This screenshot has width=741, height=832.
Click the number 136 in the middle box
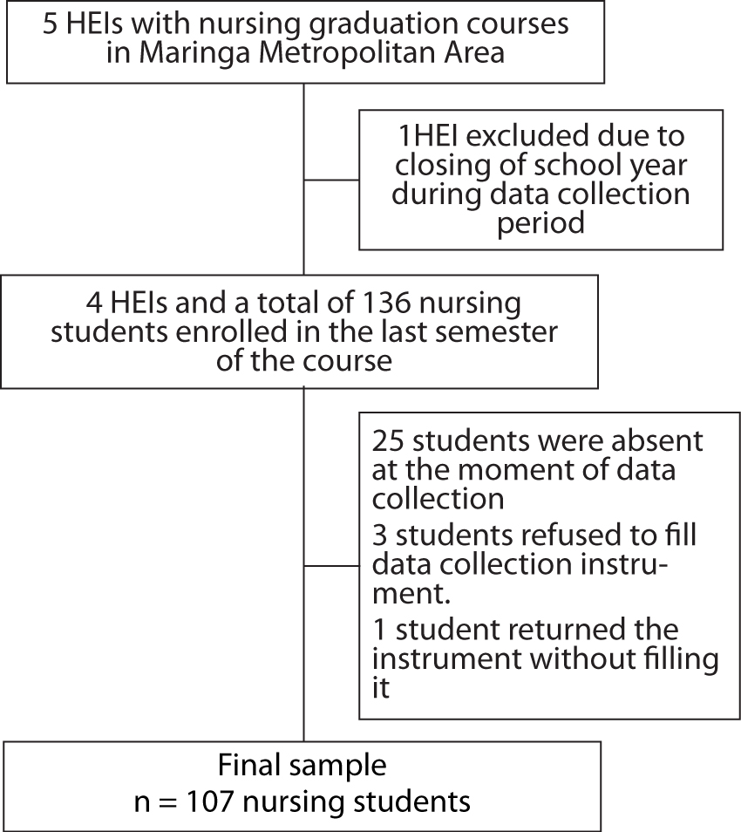pos(386,303)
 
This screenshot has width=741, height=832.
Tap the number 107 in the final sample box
pos(209,801)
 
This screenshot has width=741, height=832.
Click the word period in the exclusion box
pos(540,223)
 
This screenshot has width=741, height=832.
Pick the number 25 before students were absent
pos(388,441)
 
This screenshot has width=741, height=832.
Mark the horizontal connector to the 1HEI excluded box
pos(331,180)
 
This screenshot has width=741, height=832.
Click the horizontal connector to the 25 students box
pos(331,566)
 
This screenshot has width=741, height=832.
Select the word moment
pos(503,470)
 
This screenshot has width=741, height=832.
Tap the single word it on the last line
pos(381,688)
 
